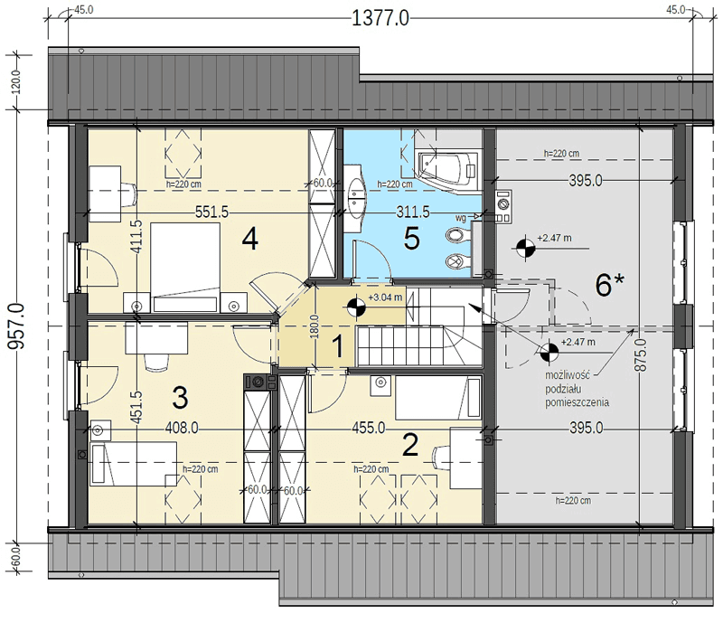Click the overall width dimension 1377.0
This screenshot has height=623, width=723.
click(380, 19)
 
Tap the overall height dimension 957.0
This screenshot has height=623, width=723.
click(16, 326)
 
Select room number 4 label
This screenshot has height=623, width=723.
click(250, 240)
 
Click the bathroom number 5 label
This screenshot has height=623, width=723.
click(411, 239)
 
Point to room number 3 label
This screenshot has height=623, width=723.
click(180, 397)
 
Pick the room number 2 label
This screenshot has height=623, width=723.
click(410, 446)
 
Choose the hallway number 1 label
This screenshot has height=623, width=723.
click(338, 346)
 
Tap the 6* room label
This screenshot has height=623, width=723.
click(609, 284)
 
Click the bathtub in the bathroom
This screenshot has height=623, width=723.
click(447, 168)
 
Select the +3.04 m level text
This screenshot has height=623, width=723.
click(385, 297)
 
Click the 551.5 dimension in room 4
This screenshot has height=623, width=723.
click(211, 212)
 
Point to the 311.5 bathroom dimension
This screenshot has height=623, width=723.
click(413, 212)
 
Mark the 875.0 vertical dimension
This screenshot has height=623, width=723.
click(641, 354)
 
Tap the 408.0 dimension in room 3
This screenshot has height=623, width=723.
click(183, 429)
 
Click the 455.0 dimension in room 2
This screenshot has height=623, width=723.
click(369, 429)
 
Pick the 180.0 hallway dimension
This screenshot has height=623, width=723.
click(315, 326)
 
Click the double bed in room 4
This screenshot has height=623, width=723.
click(185, 268)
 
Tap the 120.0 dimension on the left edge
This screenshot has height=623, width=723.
click(16, 82)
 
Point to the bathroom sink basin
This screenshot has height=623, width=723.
click(356, 198)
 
